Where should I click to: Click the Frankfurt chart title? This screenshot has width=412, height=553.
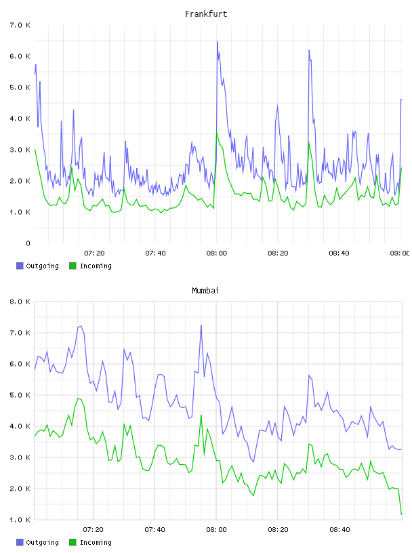point(206,14)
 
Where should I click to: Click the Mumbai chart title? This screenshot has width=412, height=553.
point(205,291)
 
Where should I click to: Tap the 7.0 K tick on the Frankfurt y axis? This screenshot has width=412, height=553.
point(20,25)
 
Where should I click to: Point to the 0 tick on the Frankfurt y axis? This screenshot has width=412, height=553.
point(28,243)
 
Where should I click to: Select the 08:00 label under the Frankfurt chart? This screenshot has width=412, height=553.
point(217,253)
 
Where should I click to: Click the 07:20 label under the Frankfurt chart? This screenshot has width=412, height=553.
point(94,253)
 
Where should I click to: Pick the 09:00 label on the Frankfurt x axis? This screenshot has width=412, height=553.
point(400,253)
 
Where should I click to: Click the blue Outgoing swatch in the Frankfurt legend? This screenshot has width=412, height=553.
point(20,266)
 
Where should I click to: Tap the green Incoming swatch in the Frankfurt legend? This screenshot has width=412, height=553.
point(73,266)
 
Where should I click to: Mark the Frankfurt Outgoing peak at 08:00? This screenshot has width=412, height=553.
point(218,41)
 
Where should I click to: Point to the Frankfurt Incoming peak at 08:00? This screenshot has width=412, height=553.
point(217,132)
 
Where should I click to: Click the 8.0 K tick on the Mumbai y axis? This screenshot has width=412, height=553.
point(20,302)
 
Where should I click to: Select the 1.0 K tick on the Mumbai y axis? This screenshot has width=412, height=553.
point(20,520)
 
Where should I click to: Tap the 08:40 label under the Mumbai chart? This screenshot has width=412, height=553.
point(339,529)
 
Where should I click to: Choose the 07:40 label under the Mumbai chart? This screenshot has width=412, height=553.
point(155,529)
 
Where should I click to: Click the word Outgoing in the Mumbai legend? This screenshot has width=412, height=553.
point(42,542)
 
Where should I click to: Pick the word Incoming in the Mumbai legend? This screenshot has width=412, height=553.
point(96,542)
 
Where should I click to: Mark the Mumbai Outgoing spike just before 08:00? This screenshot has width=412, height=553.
point(201,325)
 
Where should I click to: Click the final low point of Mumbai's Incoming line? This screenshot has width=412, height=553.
point(401,514)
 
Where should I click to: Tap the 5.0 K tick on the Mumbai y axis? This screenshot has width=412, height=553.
point(20,395)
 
